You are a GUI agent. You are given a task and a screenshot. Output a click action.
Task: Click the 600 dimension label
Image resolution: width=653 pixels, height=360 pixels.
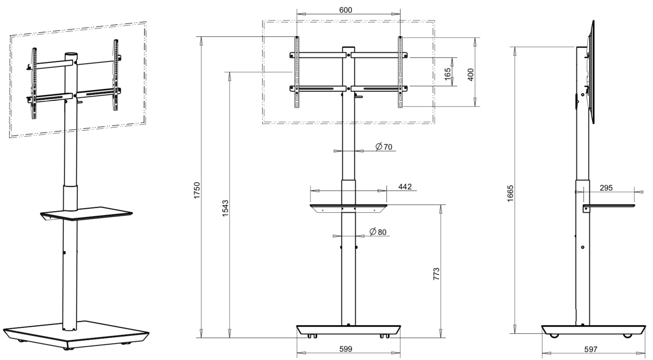click(345, 10)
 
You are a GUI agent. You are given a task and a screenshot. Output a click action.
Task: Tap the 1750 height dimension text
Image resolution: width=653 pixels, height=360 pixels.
click(197, 190)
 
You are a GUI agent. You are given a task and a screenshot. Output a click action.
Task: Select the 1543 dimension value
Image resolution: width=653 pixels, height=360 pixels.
click(225, 208)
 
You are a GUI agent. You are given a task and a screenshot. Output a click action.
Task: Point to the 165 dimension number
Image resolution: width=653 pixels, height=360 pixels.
click(448, 72)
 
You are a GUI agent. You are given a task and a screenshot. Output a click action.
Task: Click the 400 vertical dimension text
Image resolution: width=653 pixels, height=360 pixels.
click(470, 75)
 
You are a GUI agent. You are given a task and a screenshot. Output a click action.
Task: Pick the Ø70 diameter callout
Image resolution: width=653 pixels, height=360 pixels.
click(384, 146)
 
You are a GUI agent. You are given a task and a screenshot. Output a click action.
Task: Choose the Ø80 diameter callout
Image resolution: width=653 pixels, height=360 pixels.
click(378, 232)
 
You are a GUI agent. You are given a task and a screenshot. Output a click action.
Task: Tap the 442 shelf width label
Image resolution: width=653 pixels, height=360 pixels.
click(405, 186)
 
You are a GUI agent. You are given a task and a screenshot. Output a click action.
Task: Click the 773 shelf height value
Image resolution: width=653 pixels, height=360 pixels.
click(437, 274)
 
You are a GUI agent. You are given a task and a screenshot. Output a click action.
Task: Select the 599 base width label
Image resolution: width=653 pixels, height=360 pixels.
click(346, 349)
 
